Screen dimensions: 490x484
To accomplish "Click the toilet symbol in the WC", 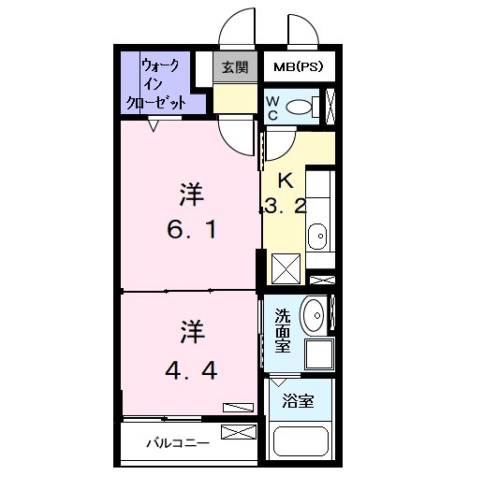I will (301, 107).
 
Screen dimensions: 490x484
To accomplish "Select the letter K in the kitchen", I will (285, 180).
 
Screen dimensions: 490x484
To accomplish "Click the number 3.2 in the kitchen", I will (285, 208).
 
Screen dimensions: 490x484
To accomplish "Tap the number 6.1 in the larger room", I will (192, 227).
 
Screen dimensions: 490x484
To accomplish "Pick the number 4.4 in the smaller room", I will (192, 370).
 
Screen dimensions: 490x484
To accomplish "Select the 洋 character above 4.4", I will (192, 330).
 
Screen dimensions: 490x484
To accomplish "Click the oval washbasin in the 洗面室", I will (315, 315).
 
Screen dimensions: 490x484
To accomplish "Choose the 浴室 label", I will (298, 400).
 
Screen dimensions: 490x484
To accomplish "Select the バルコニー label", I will (178, 443).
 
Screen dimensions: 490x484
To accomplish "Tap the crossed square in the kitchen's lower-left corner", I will (286, 267).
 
